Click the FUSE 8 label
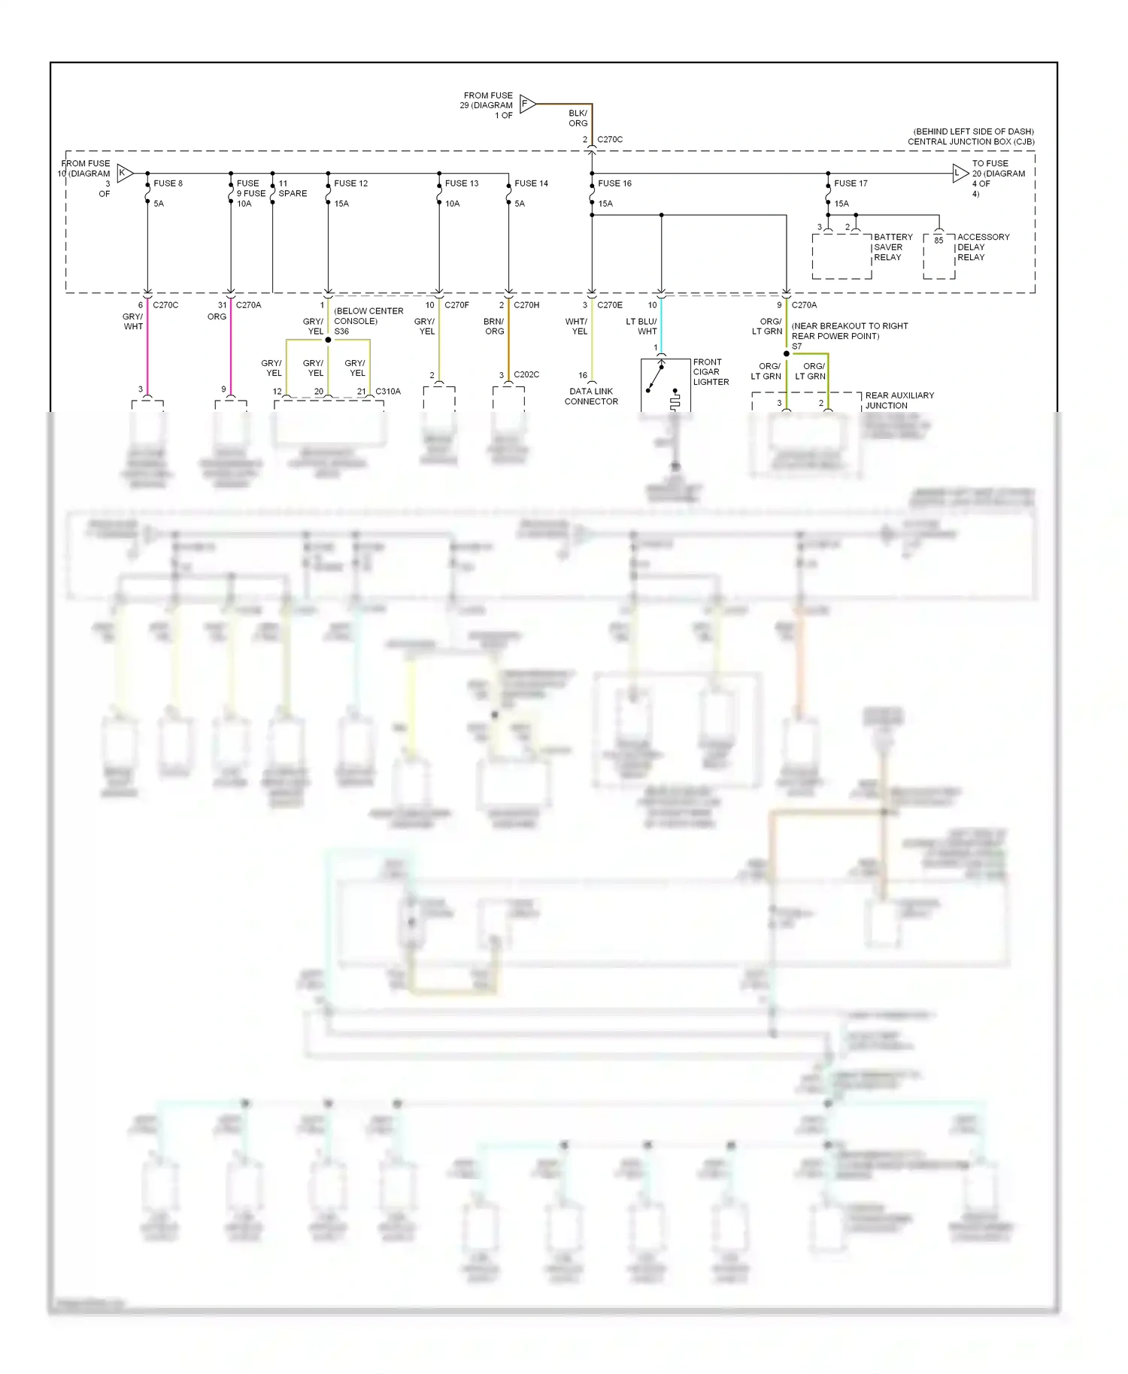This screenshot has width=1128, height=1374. [x=168, y=183]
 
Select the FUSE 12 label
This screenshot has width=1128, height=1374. [x=350, y=183]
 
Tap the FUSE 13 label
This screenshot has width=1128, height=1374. [x=462, y=183]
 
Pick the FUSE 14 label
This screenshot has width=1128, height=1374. [x=531, y=183]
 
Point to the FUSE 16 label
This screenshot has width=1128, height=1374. [x=614, y=183]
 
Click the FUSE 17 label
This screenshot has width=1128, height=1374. [x=851, y=183]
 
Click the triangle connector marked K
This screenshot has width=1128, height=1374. [x=124, y=174]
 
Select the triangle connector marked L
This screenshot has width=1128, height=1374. [x=959, y=174]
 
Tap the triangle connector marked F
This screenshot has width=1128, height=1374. [x=526, y=104]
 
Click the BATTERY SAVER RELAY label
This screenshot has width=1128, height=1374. [x=893, y=247]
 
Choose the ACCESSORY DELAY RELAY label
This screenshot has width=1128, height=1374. [x=982, y=247]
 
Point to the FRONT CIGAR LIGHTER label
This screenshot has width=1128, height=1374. [x=711, y=372]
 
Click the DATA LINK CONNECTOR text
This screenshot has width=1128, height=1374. [x=591, y=396]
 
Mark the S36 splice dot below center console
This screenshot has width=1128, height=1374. [x=328, y=340]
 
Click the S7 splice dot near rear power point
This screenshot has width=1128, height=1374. [x=787, y=353]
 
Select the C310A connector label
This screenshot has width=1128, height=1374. [x=388, y=392]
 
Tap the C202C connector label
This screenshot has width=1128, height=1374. [x=526, y=374]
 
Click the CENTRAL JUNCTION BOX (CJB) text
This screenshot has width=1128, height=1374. [x=970, y=141]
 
